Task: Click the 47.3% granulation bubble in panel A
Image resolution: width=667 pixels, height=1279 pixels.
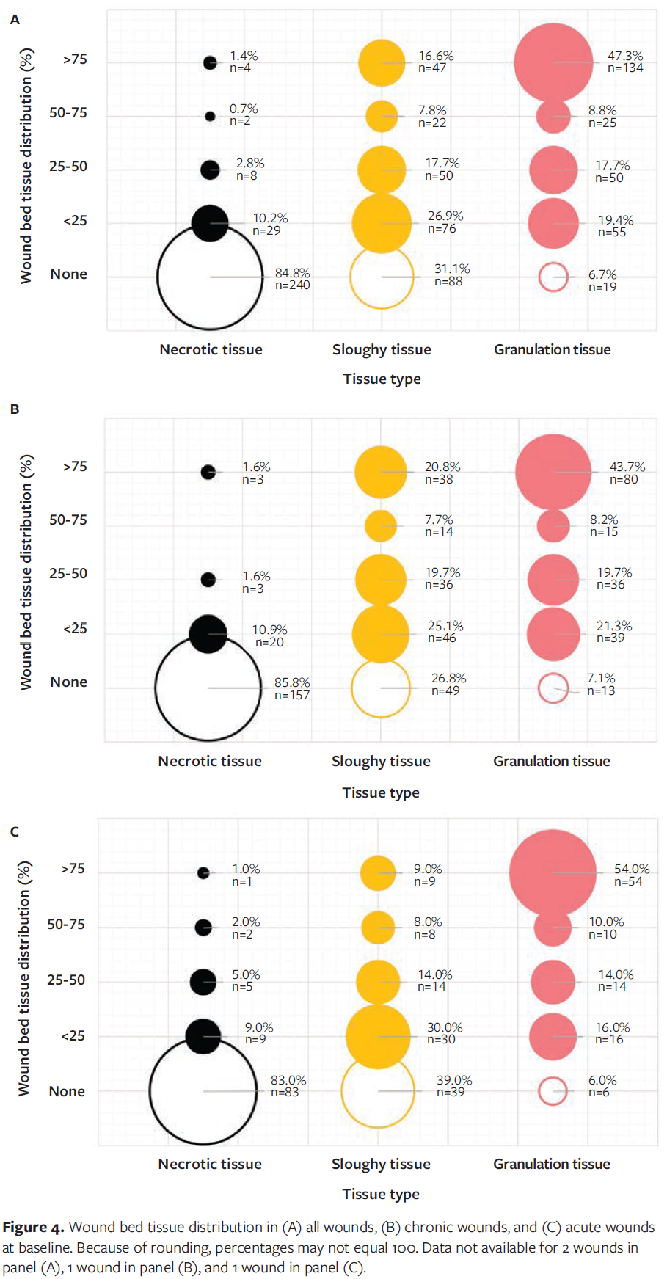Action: (x=553, y=62)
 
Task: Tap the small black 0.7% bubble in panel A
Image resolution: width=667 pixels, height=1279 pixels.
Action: (x=211, y=116)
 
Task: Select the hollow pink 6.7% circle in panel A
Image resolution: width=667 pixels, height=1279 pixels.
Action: (x=553, y=277)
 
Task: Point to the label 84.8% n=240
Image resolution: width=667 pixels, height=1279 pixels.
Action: (x=292, y=279)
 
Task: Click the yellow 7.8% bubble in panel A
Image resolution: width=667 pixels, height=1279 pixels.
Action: (x=382, y=116)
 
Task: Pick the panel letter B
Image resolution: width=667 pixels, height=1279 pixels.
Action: (x=15, y=409)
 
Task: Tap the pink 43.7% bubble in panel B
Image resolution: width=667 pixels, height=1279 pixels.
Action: (x=553, y=472)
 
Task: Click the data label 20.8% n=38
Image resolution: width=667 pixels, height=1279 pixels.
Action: (x=442, y=473)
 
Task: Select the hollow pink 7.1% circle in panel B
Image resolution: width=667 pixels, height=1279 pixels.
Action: (x=553, y=688)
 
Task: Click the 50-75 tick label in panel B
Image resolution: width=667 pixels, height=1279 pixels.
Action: (x=68, y=520)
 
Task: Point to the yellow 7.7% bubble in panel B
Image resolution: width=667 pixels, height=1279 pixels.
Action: (x=381, y=525)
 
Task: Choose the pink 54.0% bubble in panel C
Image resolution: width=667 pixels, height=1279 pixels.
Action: (x=553, y=872)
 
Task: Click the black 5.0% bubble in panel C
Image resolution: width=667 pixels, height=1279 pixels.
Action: (x=203, y=981)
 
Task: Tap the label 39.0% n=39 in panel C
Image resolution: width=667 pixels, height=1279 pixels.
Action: (x=453, y=1086)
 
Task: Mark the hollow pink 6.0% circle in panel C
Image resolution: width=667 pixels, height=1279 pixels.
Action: (x=553, y=1091)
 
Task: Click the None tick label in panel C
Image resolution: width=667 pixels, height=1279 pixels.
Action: (x=67, y=1091)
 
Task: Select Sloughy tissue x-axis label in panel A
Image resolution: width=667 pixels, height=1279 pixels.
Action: (x=382, y=350)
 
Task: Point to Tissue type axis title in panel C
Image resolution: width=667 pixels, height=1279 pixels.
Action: (x=381, y=1194)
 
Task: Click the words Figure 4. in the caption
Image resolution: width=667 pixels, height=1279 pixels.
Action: (x=33, y=1228)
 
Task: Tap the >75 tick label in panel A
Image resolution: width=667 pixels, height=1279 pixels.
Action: (x=75, y=59)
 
